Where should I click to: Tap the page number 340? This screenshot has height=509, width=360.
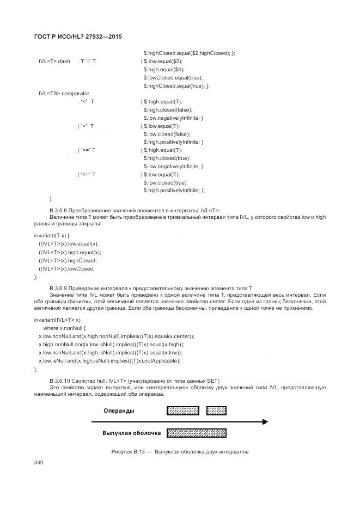point(39,463)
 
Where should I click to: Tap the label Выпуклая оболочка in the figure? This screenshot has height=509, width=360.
point(131,433)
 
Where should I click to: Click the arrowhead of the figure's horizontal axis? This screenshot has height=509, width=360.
point(265,422)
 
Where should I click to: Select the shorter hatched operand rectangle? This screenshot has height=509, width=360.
point(217,410)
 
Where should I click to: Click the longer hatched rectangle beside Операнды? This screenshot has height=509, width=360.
point(182,410)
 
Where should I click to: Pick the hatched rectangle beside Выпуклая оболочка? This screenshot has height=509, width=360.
point(196,433)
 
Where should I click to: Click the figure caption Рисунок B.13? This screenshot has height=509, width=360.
point(180,452)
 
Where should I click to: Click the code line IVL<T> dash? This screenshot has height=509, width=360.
point(54,61)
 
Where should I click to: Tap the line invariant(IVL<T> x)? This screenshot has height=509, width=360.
point(57,320)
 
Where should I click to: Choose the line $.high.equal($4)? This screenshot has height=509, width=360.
point(164,69)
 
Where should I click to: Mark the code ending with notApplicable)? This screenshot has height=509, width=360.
point(109,361)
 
